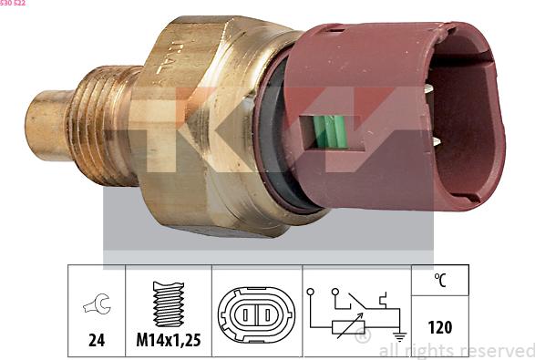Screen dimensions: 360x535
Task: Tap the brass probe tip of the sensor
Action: (x=46, y=125)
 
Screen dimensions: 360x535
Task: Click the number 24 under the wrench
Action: (x=96, y=340)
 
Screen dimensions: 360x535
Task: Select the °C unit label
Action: (x=439, y=281)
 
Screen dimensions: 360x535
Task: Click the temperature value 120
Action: (x=439, y=326)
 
